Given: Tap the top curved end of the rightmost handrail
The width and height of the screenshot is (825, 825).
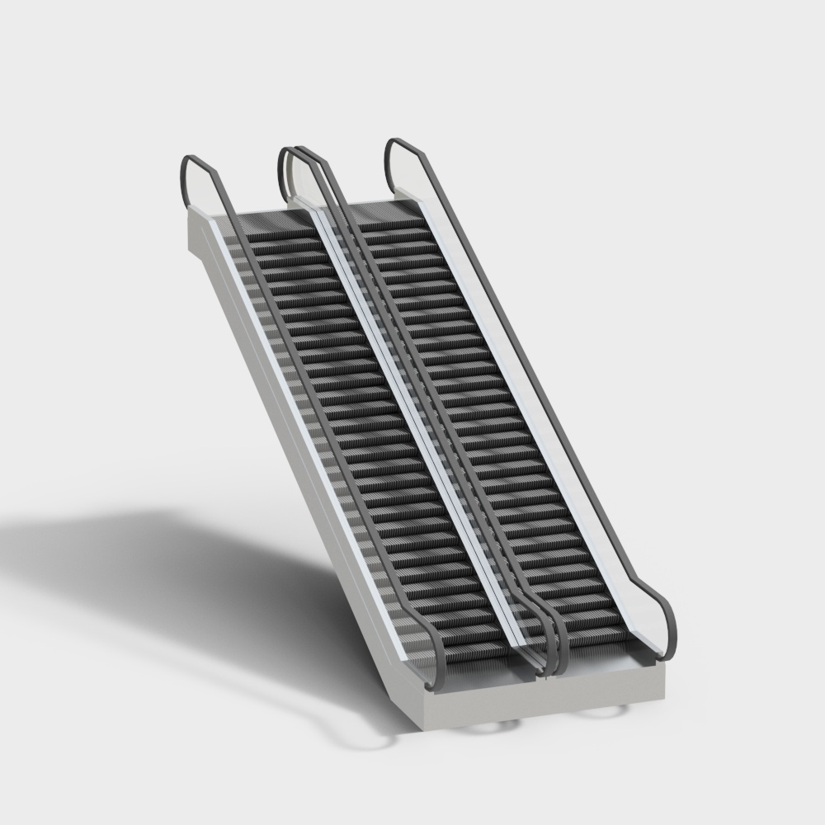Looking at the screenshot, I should (x=398, y=146).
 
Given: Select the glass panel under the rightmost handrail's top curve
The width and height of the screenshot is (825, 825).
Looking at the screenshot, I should (x=408, y=173).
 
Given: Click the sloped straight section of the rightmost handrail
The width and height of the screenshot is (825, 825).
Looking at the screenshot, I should (x=528, y=371).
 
